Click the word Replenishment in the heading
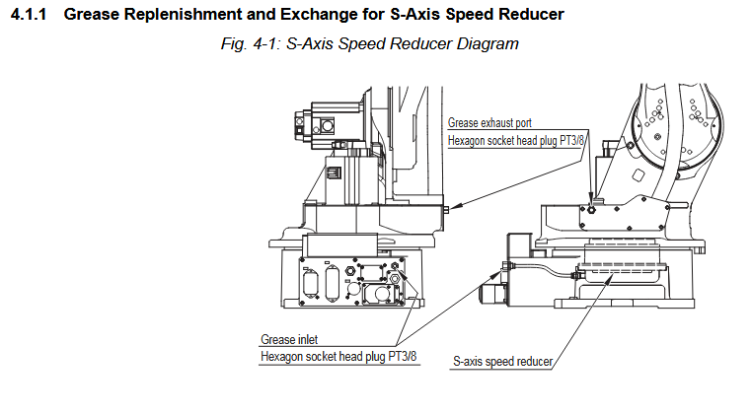(x=169, y=15)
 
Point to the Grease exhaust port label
(x=490, y=123)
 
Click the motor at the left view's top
(x=330, y=123)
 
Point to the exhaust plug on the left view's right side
(x=447, y=209)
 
